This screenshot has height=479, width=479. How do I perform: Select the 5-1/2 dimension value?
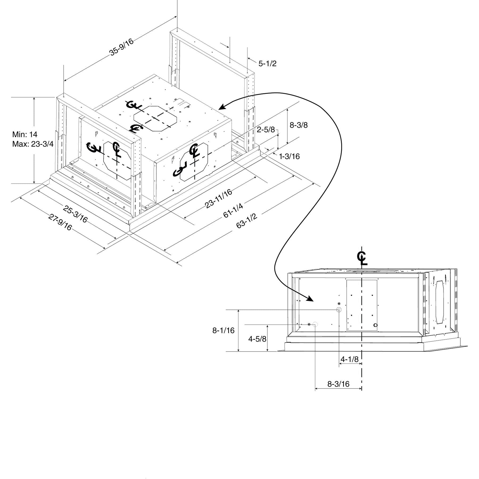[x=267, y=64]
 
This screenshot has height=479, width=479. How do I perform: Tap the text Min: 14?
[x=25, y=134]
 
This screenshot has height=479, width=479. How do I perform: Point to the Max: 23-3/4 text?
[x=33, y=144]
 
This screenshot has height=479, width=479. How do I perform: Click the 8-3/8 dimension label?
[x=299, y=125]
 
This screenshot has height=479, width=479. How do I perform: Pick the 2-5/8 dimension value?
[x=266, y=130]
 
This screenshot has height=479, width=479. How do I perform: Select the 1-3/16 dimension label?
[x=289, y=156]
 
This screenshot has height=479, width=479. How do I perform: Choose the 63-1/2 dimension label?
[x=247, y=220]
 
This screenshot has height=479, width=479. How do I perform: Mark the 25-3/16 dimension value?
[x=75, y=214]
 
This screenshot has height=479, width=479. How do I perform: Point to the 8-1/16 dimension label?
[x=223, y=331]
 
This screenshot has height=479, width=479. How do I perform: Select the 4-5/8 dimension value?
[x=257, y=339]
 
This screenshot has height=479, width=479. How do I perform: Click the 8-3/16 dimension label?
[x=338, y=384]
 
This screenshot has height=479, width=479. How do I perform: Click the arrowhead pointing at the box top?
[x=222, y=107]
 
